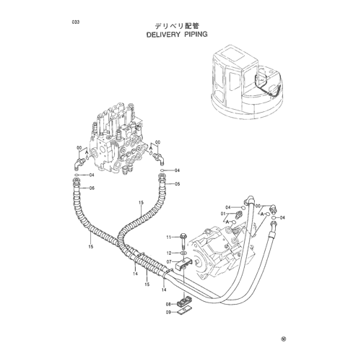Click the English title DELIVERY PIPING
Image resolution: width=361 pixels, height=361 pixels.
point(177,35)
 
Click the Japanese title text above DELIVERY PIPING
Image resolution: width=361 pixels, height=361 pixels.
point(178,26)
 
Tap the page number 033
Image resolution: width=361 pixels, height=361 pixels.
point(75,22)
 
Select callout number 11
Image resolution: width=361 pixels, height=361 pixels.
point(169,238)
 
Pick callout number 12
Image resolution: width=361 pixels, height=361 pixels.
point(169,253)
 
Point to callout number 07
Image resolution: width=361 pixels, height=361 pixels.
point(169,261)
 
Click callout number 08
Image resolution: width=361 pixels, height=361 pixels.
point(168,304)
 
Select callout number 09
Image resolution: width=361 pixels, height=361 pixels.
point(168,313)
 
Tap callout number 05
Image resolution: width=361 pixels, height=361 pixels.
point(178,184)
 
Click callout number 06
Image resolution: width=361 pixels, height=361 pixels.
point(92,188)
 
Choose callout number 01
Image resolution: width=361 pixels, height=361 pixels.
point(223,214)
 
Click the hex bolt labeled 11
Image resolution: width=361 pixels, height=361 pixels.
point(183,242)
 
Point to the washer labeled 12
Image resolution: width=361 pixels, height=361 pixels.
point(183,253)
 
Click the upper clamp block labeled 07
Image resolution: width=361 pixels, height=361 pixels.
point(183,264)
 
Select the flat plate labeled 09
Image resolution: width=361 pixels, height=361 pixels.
point(185,313)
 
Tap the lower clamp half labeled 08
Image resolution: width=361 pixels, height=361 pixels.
point(184,303)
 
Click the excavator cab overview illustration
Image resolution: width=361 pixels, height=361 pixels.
point(248,81)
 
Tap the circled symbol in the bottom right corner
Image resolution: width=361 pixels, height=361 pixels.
point(284,339)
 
